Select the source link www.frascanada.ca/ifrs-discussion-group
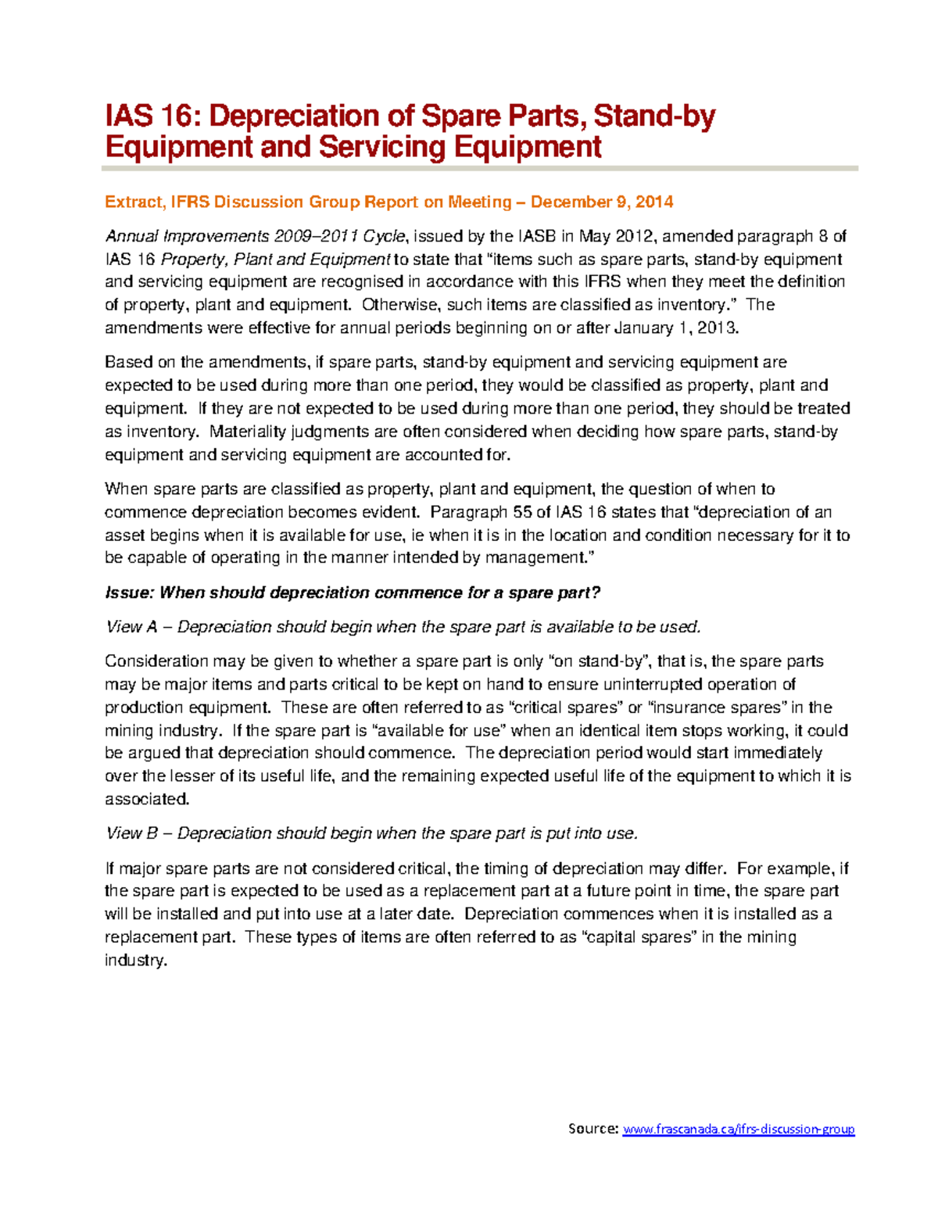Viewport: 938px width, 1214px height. [738, 1129]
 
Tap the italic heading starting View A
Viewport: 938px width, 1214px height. [403, 627]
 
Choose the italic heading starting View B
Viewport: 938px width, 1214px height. [372, 833]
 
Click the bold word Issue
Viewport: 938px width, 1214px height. [128, 593]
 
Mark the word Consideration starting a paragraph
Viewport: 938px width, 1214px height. [156, 661]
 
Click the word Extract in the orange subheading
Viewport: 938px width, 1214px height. [133, 202]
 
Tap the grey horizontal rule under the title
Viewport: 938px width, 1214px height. [480, 168]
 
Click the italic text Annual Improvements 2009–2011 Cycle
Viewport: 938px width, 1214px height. [255, 236]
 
